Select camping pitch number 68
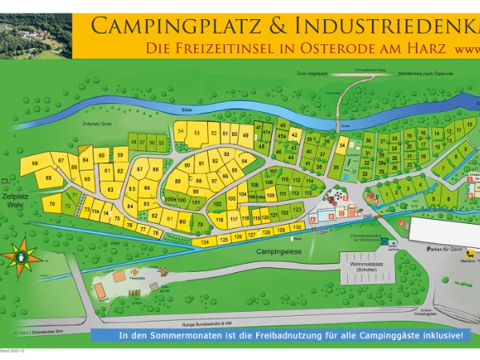34,164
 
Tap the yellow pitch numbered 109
270,194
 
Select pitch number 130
298,228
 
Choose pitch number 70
50,205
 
